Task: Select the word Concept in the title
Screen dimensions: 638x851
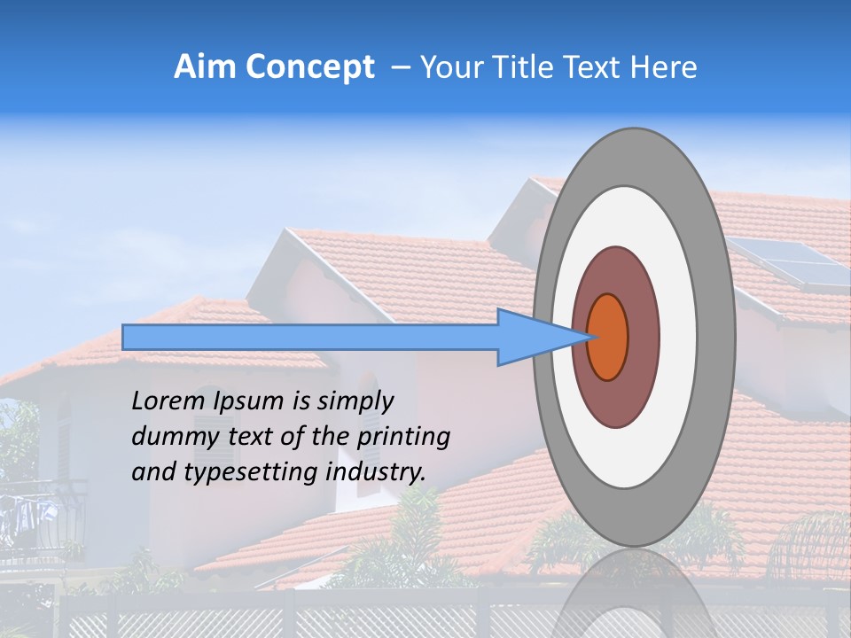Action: [309, 67]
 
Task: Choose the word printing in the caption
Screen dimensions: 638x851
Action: [403, 438]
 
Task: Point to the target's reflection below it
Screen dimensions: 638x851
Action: [635, 594]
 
